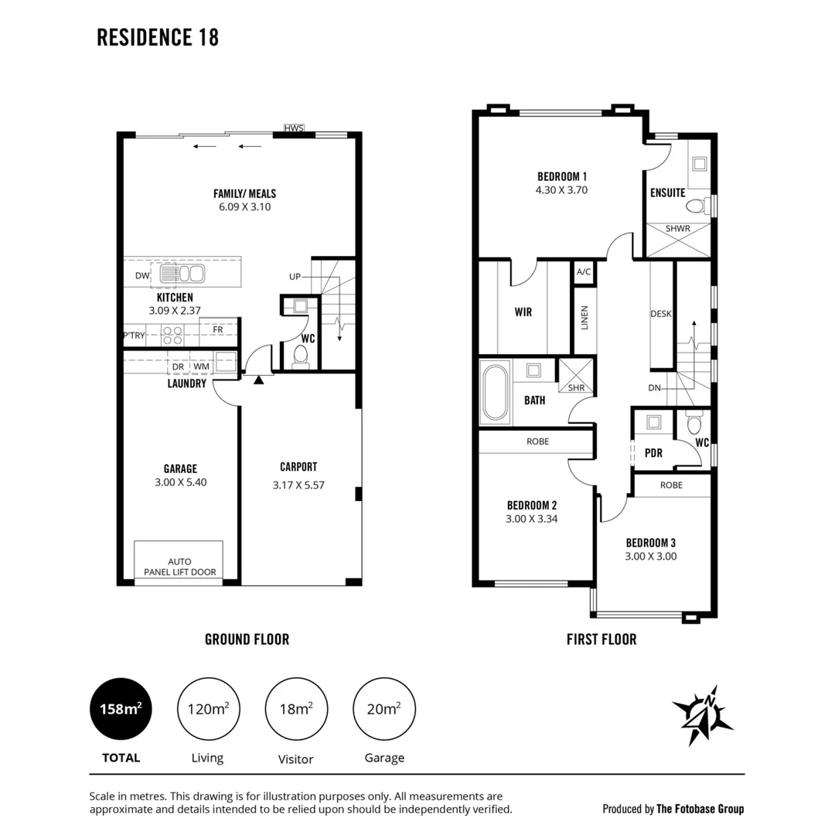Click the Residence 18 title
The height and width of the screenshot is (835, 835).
[158, 37]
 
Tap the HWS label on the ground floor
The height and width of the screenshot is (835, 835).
[294, 128]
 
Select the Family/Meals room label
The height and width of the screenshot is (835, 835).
[245, 193]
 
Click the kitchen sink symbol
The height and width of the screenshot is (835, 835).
[182, 274]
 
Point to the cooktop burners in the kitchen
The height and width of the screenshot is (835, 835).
[172, 336]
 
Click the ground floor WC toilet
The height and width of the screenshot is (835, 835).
[301, 356]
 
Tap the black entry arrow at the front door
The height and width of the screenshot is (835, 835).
[259, 380]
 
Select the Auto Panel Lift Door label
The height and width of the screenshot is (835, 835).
[180, 567]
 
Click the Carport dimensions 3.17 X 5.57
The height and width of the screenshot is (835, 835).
[298, 485]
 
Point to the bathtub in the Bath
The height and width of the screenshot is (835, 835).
[496, 393]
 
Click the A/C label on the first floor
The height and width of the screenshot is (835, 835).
[584, 271]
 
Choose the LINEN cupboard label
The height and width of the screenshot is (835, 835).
[584, 318]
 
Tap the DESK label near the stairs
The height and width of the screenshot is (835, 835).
[661, 314]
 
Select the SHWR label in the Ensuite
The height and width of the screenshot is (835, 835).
[678, 228]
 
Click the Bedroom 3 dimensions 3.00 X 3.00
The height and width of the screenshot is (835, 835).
[651, 557]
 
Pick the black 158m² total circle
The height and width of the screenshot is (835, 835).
[121, 709]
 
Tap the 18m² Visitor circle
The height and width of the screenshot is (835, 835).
[296, 709]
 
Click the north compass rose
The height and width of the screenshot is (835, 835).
[704, 714]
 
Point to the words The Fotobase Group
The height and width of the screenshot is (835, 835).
[700, 809]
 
